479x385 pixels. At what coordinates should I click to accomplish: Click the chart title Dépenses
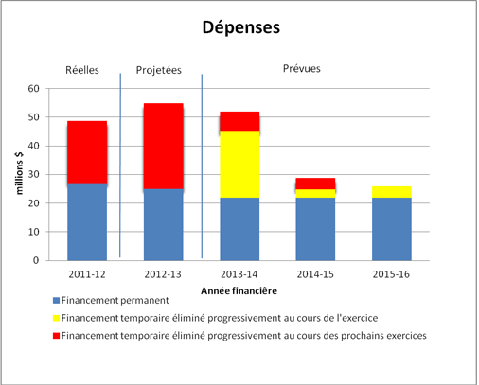tap(239, 27)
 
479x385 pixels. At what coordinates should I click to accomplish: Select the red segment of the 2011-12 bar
tap(87, 152)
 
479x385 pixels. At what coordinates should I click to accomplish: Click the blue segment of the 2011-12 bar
tap(87, 221)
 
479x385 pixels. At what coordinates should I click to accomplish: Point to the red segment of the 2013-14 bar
tap(239, 121)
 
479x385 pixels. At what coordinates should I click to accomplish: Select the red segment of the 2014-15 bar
tap(315, 184)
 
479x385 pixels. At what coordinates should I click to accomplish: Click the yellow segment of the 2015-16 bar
tap(392, 192)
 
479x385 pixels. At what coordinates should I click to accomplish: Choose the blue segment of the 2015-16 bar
tap(392, 229)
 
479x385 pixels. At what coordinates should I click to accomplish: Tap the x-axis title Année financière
tap(239, 288)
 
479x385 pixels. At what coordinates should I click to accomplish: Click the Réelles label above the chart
tap(82, 70)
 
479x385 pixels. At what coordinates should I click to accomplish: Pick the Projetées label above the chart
tap(159, 70)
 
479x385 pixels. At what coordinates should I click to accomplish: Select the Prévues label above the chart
tap(301, 68)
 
